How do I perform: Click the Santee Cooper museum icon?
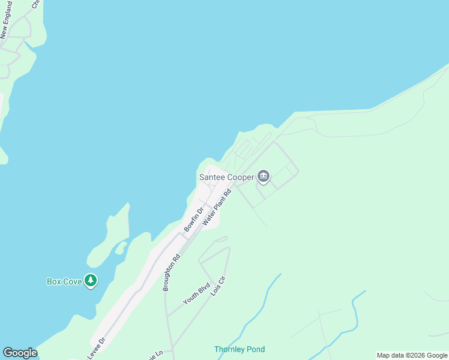[x=263, y=176]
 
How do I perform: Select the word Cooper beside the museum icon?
[x=241, y=177]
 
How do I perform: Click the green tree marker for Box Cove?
[x=91, y=280]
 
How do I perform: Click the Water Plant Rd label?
[x=217, y=208]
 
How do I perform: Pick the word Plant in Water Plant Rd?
[x=217, y=208]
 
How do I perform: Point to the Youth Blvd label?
[x=196, y=293]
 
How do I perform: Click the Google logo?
[x=20, y=353]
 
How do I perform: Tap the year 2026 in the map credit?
[x=418, y=355]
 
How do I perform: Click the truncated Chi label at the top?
[x=35, y=4]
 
